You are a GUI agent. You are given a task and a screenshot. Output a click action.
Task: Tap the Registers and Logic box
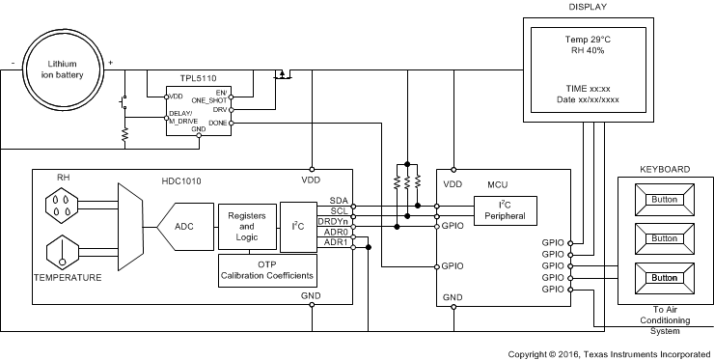[x=246, y=227]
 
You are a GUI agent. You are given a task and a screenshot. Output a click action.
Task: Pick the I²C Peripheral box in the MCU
[x=505, y=209]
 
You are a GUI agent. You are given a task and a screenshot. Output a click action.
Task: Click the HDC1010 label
[x=181, y=180]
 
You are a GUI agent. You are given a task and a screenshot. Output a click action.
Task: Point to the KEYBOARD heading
[x=665, y=169]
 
